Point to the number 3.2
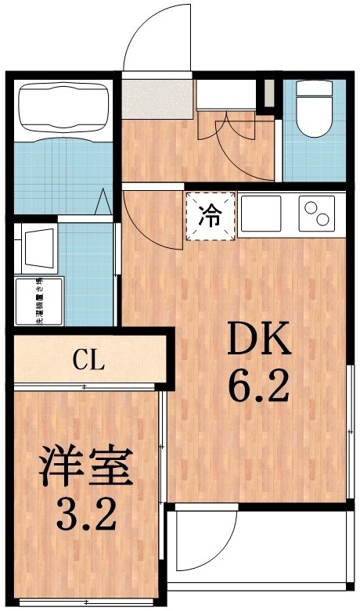[86, 514]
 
